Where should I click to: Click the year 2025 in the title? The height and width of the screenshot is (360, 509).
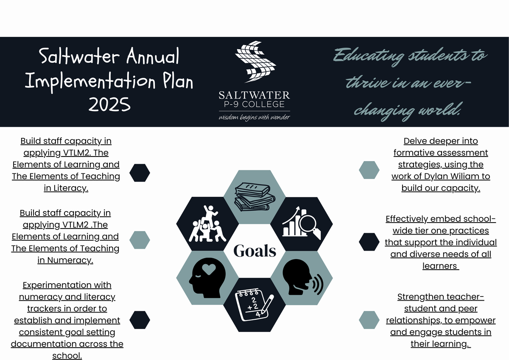click(x=109, y=104)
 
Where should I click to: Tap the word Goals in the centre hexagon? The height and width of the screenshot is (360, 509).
click(x=255, y=251)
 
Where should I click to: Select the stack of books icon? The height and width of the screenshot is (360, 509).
click(x=255, y=197)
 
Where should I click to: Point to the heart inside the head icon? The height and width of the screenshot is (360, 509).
click(x=209, y=269)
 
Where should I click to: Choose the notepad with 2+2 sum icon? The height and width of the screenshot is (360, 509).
click(x=255, y=304)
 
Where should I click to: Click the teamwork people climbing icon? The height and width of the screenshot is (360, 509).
click(x=207, y=223)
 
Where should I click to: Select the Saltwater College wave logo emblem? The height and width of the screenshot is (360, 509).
click(x=256, y=62)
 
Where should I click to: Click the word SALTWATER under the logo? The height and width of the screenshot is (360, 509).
click(x=254, y=95)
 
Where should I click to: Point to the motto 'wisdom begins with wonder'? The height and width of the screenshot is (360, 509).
click(x=254, y=117)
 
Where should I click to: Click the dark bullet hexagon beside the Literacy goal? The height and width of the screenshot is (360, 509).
click(x=140, y=173)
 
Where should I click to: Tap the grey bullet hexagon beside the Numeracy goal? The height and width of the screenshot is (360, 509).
click(x=140, y=240)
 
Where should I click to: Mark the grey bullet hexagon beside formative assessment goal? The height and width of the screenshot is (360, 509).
click(x=369, y=170)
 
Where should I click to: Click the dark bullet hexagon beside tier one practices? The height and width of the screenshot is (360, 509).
click(x=369, y=242)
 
